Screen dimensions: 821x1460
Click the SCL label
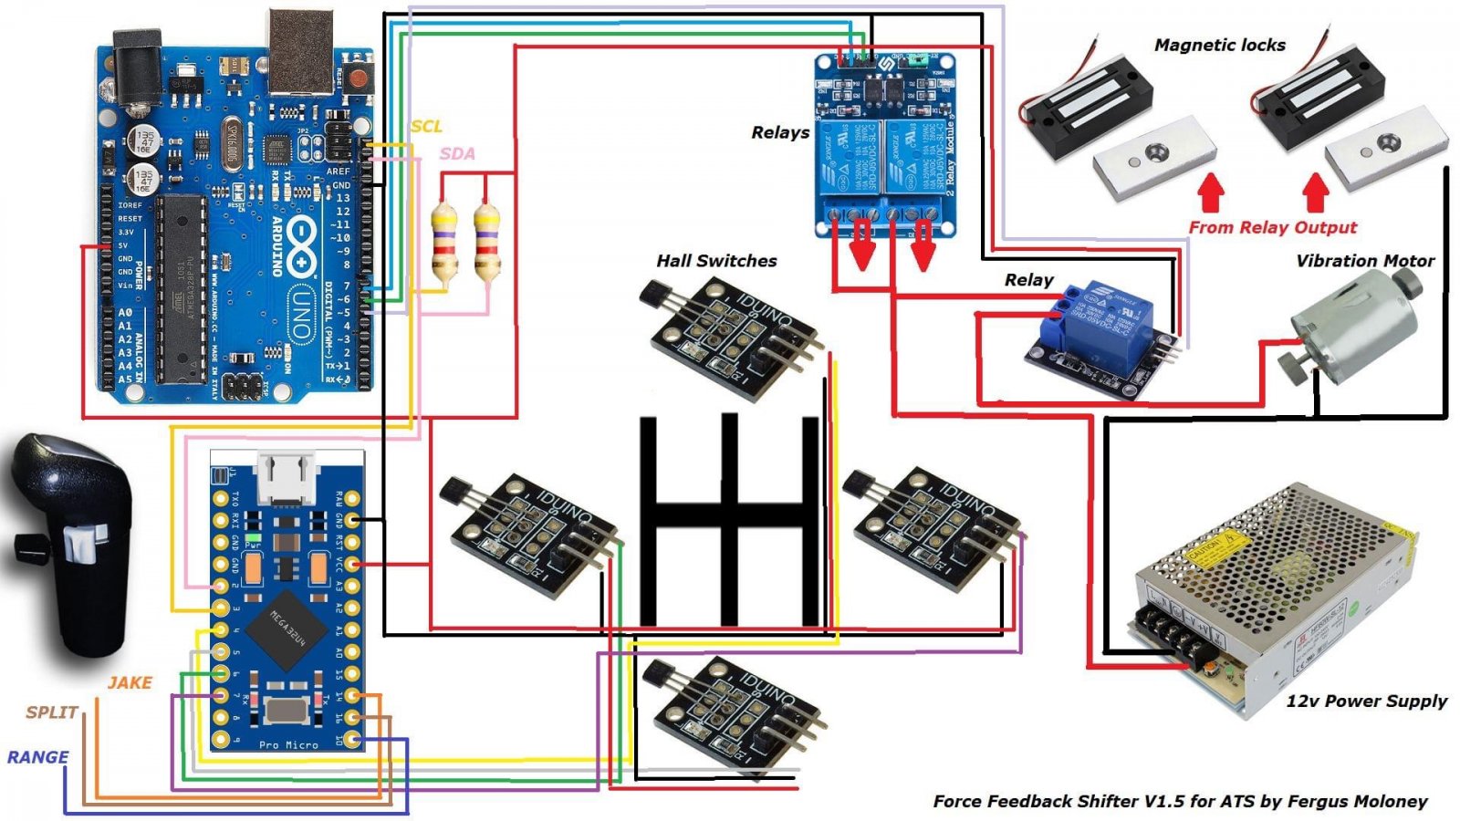(426, 127)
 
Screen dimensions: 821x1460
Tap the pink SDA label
(457, 153)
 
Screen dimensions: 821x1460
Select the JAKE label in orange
(130, 682)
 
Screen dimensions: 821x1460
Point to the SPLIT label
(51, 712)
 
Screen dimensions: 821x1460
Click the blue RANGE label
(37, 757)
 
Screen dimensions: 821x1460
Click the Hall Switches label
(716, 261)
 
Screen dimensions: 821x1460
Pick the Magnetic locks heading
(1219, 45)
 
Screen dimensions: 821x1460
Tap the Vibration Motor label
(1364, 261)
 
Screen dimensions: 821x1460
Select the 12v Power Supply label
(1366, 701)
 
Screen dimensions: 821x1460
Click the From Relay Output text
(1272, 227)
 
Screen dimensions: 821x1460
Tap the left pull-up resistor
(443, 243)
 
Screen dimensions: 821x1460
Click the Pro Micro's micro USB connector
(287, 476)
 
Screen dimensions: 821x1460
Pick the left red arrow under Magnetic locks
(1210, 192)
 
